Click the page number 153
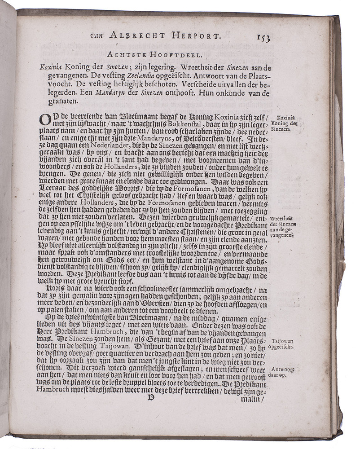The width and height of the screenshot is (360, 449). (x=260, y=37)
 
